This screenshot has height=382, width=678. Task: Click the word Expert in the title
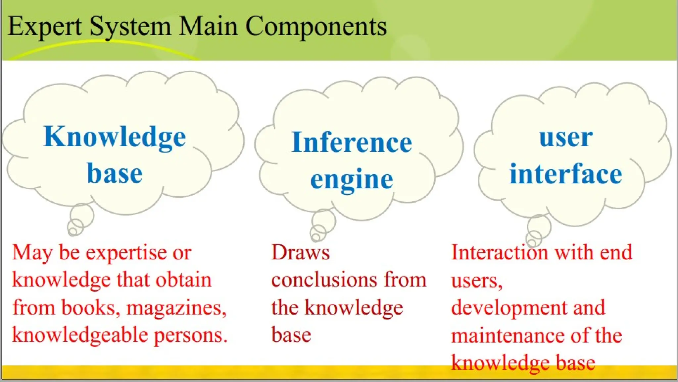point(45,27)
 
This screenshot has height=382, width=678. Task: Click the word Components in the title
point(316,27)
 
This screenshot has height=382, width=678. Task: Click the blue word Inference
point(352,143)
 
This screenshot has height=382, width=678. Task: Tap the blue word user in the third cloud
point(566,138)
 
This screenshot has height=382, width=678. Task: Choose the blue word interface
point(566,174)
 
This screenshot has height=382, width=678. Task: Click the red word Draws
point(300,253)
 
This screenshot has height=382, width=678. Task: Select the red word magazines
point(176,308)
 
